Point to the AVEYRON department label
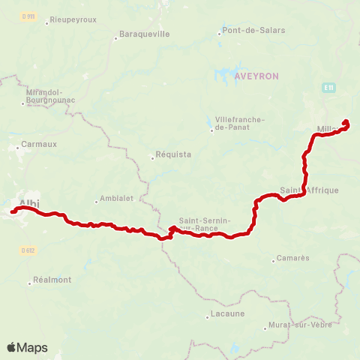point(256,76)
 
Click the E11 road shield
point(328,88)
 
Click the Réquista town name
point(172,155)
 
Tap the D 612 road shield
point(28,250)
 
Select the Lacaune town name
point(227,313)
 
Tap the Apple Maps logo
point(27,347)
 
